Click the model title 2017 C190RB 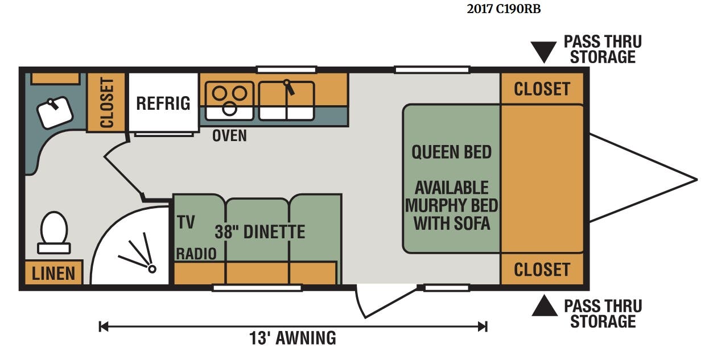504,9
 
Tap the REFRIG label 163,104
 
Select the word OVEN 229,136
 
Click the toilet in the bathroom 54,233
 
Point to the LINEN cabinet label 53,274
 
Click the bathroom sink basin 55,112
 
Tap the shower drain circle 152,269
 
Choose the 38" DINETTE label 260,232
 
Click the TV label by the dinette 186,222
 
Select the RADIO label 196,254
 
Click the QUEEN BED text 451,152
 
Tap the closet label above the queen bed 542,89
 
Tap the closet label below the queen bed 542,270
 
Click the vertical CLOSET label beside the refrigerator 106,103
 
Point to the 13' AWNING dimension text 293,338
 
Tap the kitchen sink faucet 288,88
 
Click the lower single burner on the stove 229,109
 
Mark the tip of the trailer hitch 697,180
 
